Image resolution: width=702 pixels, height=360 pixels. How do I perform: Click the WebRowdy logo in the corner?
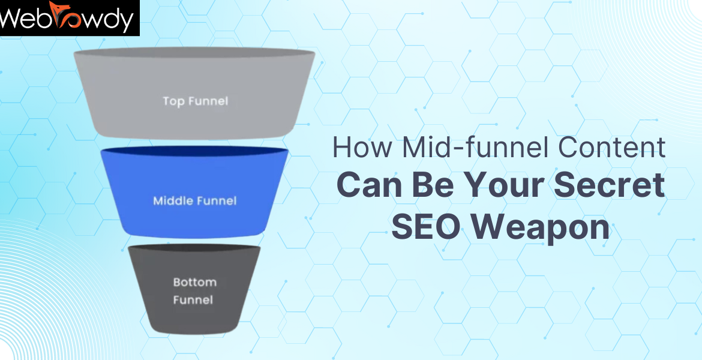(x=69, y=18)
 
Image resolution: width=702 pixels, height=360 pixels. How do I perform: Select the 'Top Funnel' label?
(x=196, y=101)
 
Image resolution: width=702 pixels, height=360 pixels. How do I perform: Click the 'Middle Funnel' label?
(x=195, y=200)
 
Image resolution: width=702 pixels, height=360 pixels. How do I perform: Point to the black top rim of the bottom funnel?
(x=194, y=248)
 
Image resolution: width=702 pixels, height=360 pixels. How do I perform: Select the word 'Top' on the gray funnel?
(x=173, y=101)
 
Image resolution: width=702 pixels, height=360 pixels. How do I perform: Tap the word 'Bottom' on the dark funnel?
(x=195, y=282)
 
